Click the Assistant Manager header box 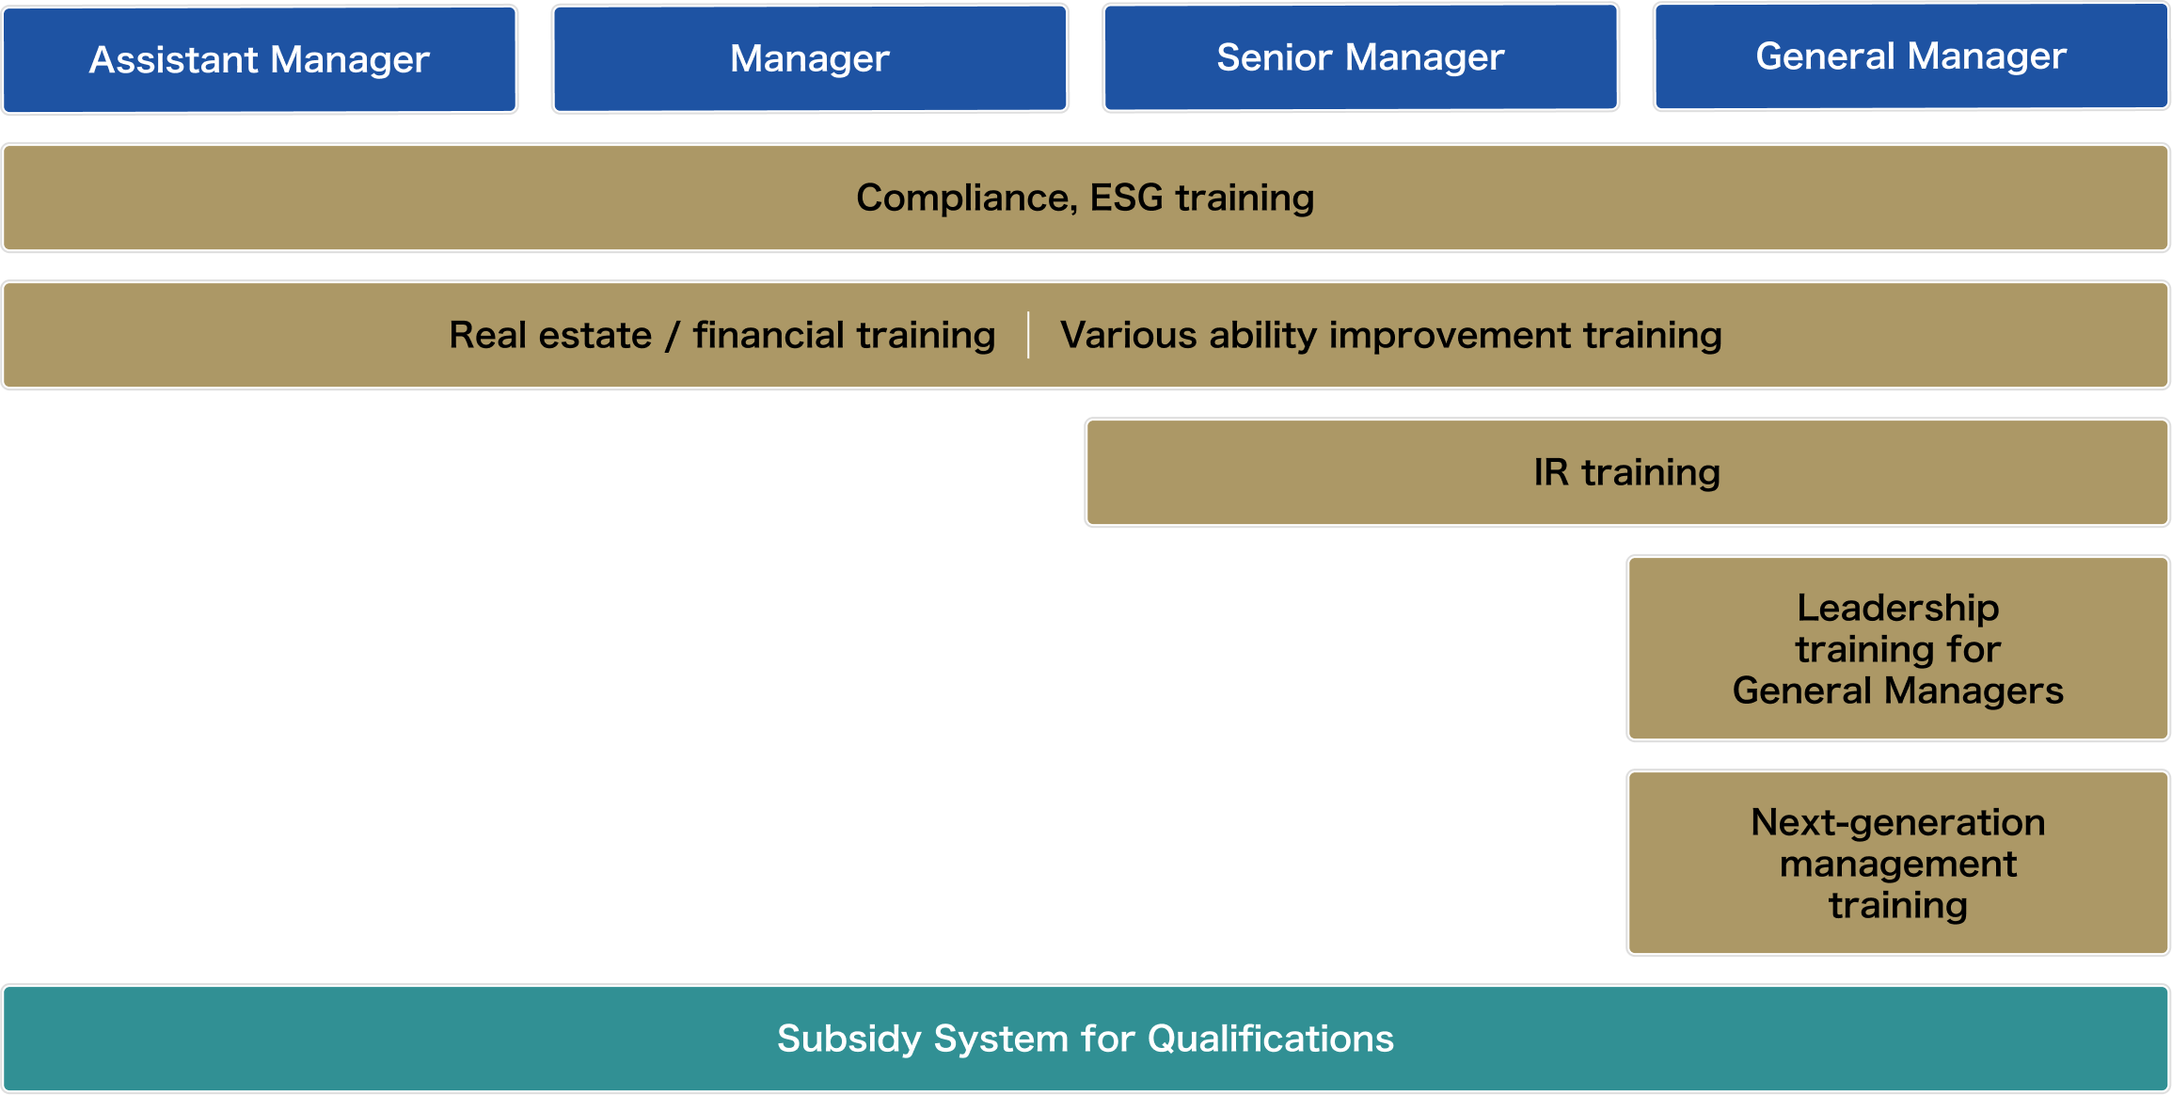tap(260, 59)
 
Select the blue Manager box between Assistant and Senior tap(810, 58)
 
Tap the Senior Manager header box tap(1360, 57)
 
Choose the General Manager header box tap(1911, 56)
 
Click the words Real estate tap(550, 335)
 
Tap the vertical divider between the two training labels tap(1028, 335)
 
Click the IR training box tap(1627, 472)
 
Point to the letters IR tap(1551, 472)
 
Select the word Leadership tap(1898, 609)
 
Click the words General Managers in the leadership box tap(1898, 691)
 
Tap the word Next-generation tap(1898, 823)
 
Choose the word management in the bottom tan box tap(1898, 865)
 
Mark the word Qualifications tap(1271, 1039)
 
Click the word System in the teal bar tap(1002, 1039)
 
